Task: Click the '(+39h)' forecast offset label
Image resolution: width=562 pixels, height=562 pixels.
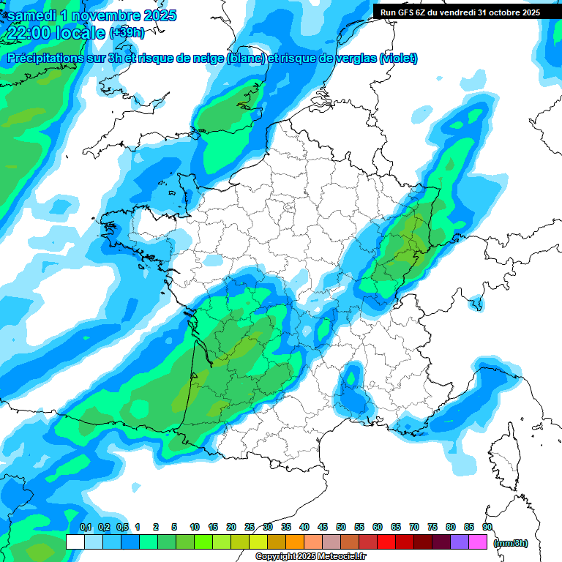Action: (x=127, y=33)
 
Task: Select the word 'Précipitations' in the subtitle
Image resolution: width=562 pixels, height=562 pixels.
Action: (x=48, y=59)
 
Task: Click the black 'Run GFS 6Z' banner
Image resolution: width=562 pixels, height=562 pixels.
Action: (x=460, y=12)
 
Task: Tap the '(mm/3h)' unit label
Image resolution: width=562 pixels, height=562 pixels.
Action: (x=511, y=542)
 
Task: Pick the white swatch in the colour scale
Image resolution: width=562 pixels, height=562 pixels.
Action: (x=75, y=542)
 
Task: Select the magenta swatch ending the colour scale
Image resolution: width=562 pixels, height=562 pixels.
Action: (x=478, y=542)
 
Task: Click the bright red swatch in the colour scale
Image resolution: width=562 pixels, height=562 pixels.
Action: (x=386, y=542)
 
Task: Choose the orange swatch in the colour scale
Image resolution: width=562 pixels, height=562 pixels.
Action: (x=295, y=542)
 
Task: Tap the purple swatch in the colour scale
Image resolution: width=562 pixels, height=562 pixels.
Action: (x=460, y=542)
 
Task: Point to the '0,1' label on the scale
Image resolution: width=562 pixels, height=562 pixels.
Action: (x=85, y=527)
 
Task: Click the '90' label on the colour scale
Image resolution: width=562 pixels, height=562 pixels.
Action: (x=487, y=527)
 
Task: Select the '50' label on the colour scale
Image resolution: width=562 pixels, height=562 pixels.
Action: (x=341, y=527)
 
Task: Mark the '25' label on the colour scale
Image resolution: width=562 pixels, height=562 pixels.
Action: (x=250, y=527)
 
